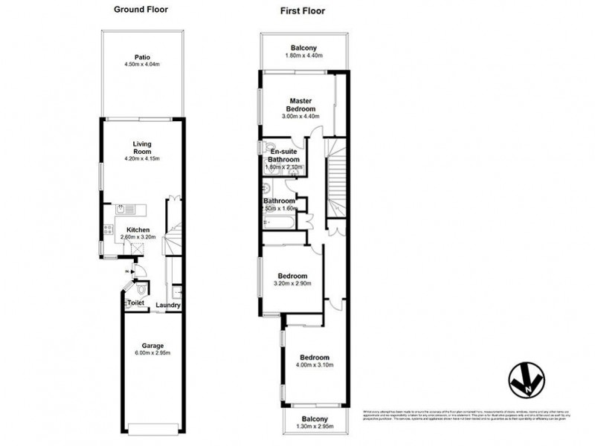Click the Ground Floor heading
coord(141,10)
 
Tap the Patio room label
coord(142,56)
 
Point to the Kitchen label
coord(139,230)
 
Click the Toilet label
coord(135,303)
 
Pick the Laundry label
coord(168,306)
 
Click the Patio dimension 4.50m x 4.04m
coord(142,64)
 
